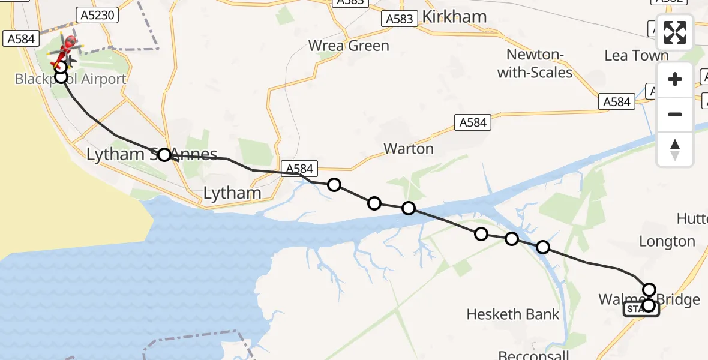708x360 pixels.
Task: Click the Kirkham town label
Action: tap(454, 16)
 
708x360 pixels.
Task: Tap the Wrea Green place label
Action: tap(349, 46)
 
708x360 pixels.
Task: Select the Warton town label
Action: tap(409, 148)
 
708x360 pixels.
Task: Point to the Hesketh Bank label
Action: tap(513, 314)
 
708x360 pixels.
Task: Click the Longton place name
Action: tap(667, 242)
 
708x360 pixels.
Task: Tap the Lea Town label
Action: tap(636, 56)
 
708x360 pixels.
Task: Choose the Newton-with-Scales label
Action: tap(539, 64)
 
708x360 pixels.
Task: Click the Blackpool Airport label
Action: tap(70, 80)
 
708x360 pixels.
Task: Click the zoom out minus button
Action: tap(675, 114)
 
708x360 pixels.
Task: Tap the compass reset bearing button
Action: tap(675, 149)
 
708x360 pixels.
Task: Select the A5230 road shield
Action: tap(95, 15)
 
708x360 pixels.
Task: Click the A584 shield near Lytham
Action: tap(298, 169)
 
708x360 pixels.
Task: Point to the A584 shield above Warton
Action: tap(473, 122)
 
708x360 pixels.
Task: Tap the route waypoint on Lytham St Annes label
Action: tap(164, 155)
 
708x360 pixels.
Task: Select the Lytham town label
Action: tap(232, 193)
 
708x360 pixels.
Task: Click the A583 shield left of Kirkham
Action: tap(399, 19)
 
